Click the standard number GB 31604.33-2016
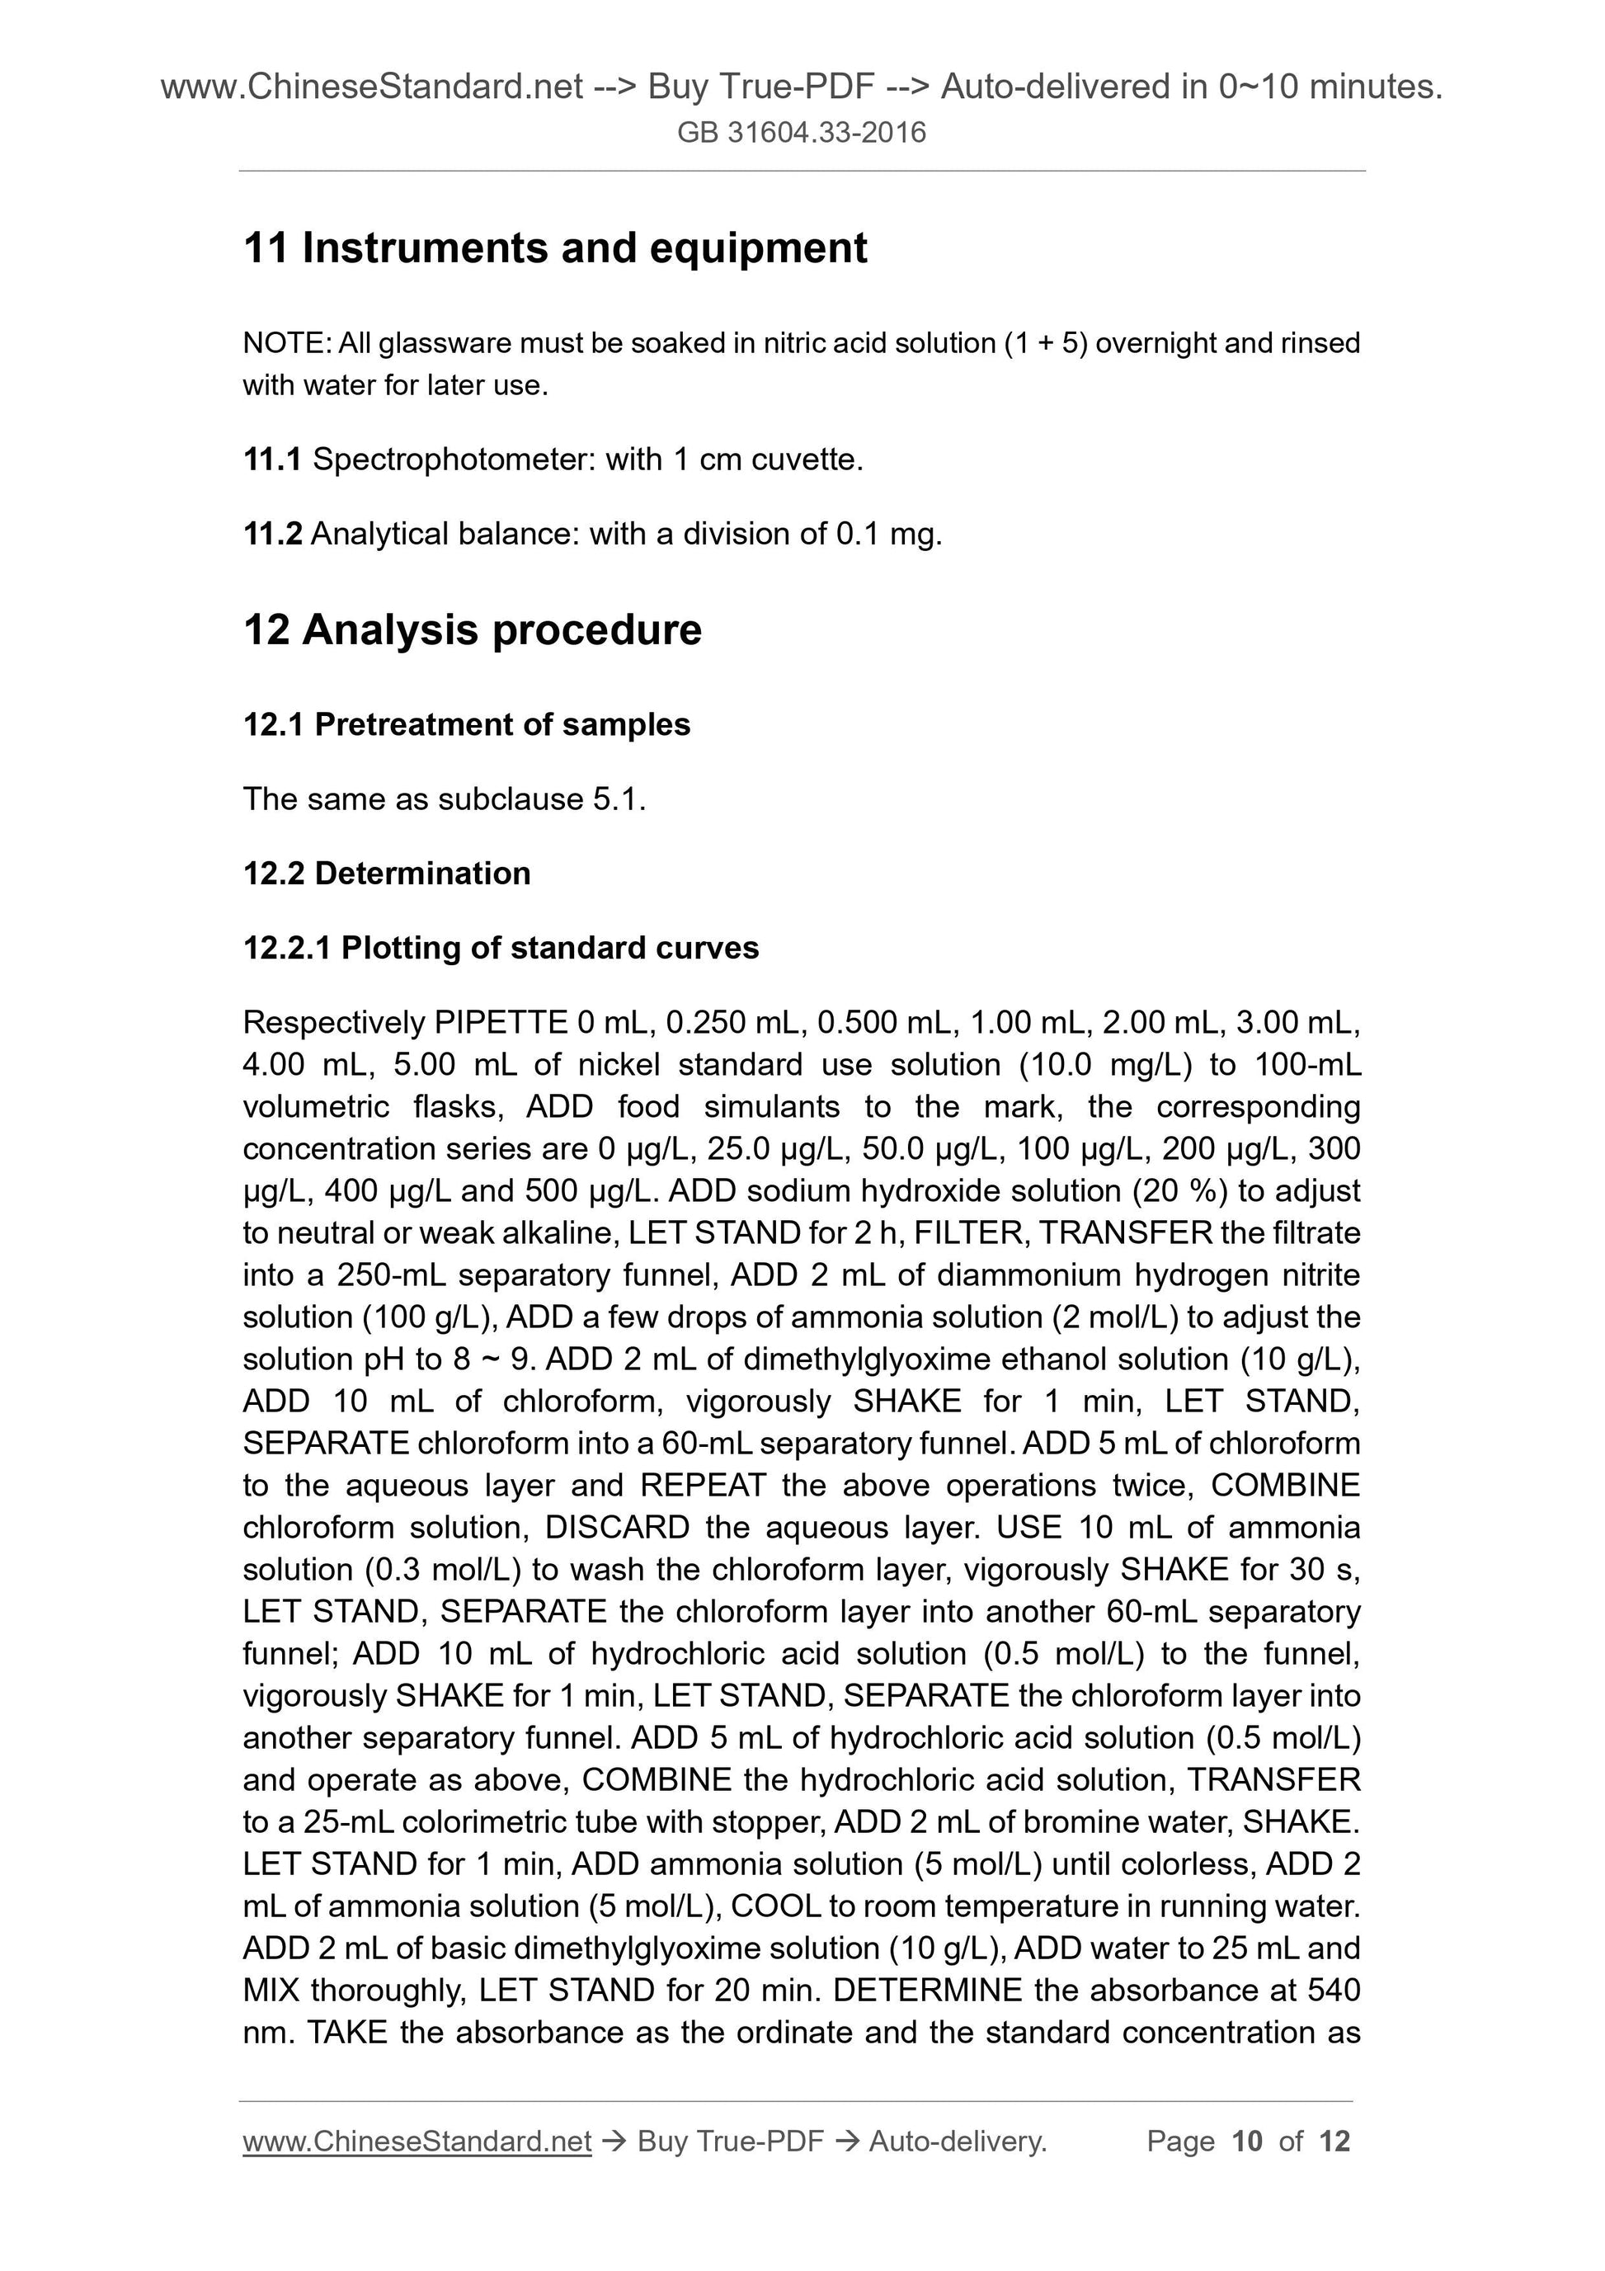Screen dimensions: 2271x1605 tap(801, 133)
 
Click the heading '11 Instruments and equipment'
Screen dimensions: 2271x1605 tap(555, 247)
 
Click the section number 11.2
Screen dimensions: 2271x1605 tap(272, 534)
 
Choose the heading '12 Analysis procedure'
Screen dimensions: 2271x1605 tap(472, 630)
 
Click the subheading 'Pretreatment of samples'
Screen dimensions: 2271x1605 tap(502, 724)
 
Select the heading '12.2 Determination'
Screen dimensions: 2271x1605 tap(387, 873)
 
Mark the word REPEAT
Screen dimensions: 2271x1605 tap(702, 1485)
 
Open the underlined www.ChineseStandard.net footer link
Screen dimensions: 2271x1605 tap(417, 2141)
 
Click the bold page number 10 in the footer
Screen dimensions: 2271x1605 tap(1247, 2141)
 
